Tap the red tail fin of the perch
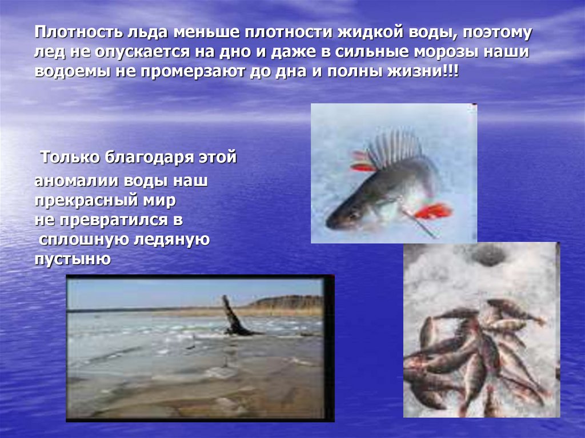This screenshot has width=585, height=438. [433, 211]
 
